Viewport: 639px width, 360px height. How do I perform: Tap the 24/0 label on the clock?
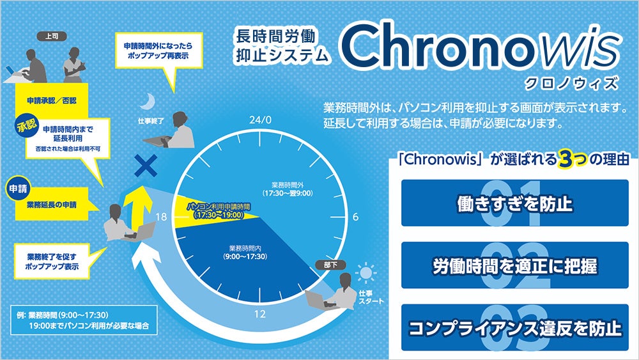[x=261, y=120]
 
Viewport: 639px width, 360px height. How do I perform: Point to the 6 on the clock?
[x=355, y=217]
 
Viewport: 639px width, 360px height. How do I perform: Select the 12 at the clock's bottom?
[x=260, y=313]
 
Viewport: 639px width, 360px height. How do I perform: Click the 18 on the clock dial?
[x=161, y=217]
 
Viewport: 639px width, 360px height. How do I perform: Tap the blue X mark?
[x=146, y=168]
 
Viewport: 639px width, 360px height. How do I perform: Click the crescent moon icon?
[x=148, y=101]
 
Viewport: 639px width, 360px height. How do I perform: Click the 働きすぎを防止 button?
[x=515, y=203]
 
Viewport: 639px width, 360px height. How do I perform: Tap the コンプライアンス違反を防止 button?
[x=515, y=328]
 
